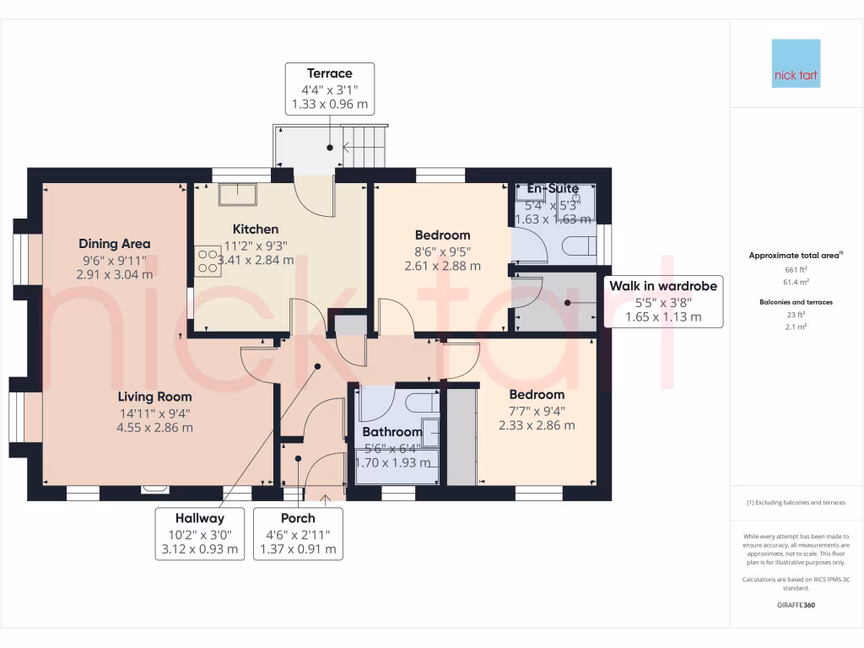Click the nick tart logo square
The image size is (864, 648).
click(796, 63)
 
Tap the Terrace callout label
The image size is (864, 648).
click(329, 89)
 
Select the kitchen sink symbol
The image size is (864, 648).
click(239, 195)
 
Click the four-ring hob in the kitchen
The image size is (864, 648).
click(207, 260)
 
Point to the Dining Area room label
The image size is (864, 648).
click(115, 244)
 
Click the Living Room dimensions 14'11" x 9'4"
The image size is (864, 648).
click(154, 413)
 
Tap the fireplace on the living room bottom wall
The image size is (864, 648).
click(154, 487)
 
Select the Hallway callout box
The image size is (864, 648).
click(200, 533)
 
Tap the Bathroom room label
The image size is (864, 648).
click(391, 431)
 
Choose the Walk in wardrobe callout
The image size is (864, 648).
click(663, 301)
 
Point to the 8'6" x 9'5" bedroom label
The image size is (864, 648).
click(442, 251)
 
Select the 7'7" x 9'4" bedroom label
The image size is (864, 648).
click(537, 410)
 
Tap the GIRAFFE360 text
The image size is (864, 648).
click(796, 605)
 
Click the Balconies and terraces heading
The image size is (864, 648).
click(796, 301)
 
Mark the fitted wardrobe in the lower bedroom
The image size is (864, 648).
click(461, 436)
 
